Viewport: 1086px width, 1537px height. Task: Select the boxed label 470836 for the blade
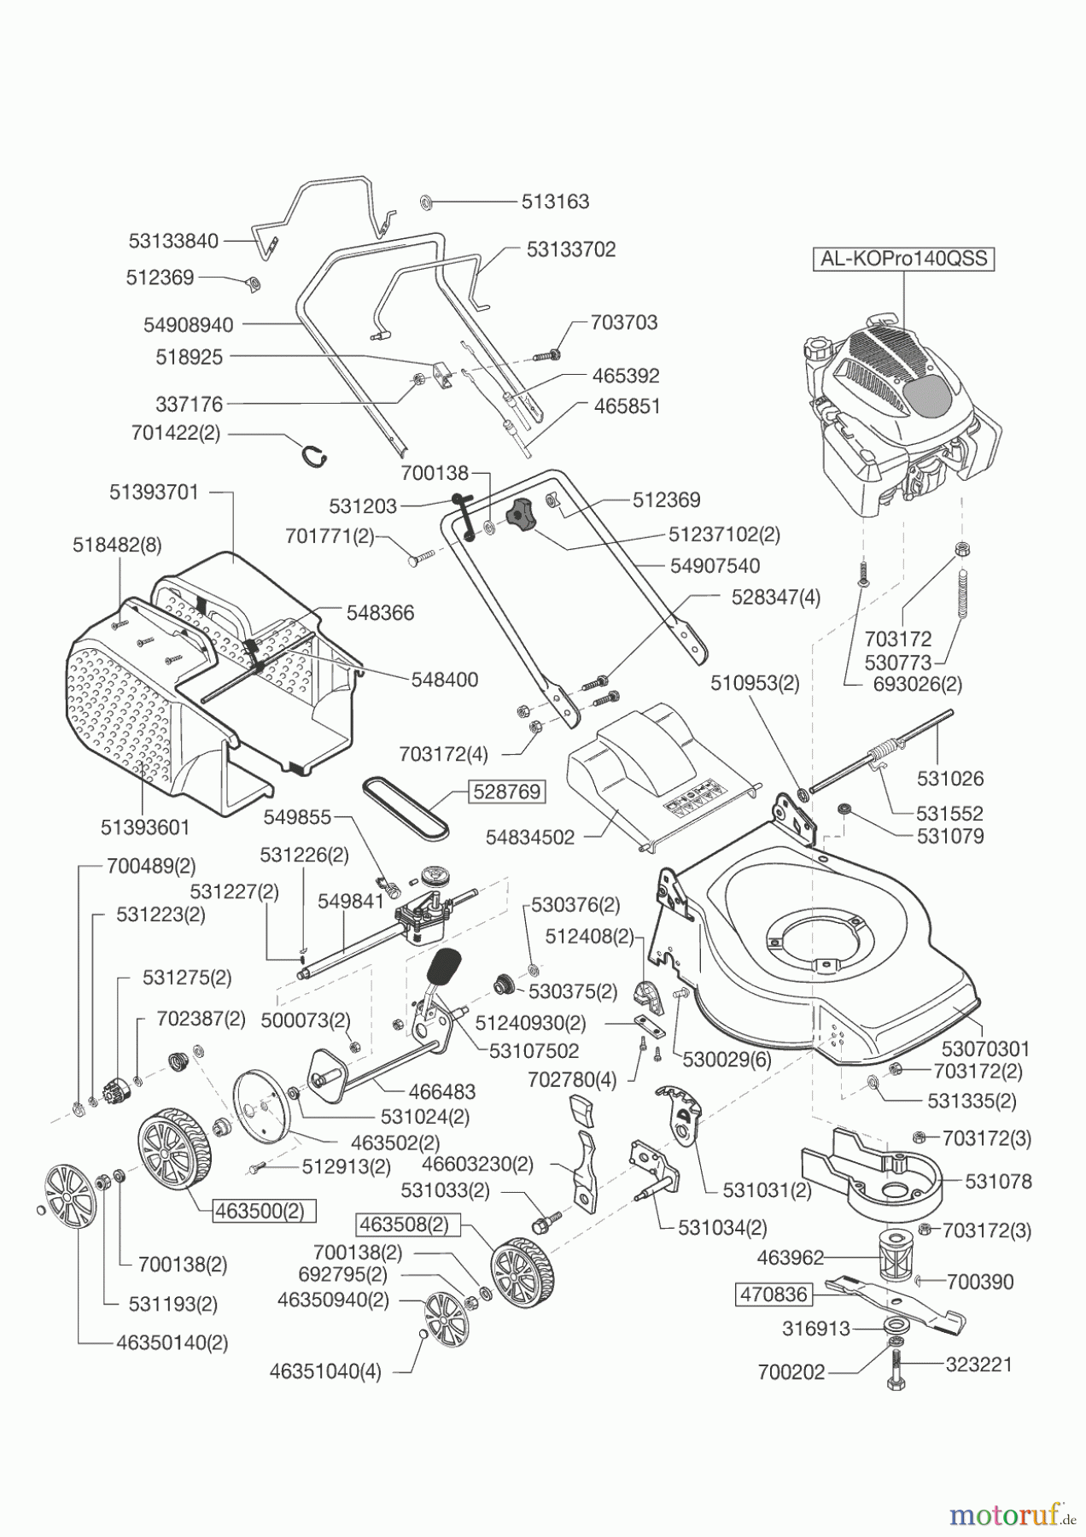773,1294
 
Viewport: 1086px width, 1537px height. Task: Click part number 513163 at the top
556,202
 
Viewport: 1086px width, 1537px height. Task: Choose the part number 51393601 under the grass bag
144,827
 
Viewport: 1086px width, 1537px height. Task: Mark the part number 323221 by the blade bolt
978,1365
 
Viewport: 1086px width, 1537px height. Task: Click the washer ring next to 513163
425,202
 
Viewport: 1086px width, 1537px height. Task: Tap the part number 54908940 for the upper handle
188,324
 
